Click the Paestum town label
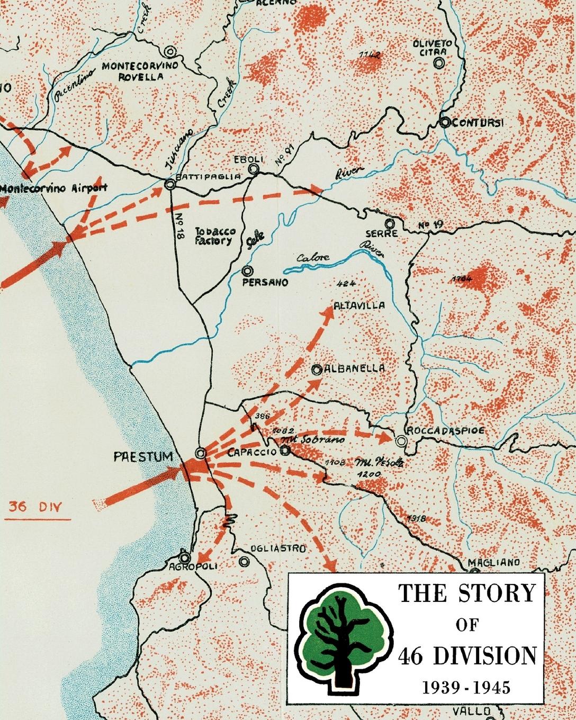click(143, 456)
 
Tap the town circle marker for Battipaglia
click(170, 185)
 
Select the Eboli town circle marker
click(254, 169)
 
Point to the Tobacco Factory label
click(213, 236)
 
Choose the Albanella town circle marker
click(317, 370)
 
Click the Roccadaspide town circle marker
click(401, 440)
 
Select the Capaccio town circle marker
click(285, 451)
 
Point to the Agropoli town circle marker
click(185, 557)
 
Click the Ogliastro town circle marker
click(244, 561)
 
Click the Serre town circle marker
click(390, 223)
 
